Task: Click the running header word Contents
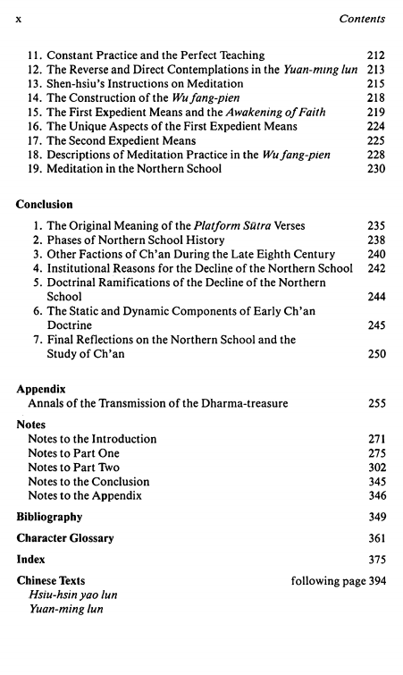[x=360, y=17]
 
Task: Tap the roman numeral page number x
[x=19, y=18]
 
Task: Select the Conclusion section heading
[x=45, y=205]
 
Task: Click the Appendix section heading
[x=42, y=390]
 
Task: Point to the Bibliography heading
[x=49, y=517]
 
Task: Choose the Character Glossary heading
[x=65, y=538]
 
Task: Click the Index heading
[x=30, y=560]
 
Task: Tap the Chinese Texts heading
[x=51, y=581]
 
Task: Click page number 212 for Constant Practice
[x=375, y=55]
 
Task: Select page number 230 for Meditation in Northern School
[x=375, y=170]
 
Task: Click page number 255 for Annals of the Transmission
[x=375, y=404]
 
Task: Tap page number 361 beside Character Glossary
[x=375, y=538]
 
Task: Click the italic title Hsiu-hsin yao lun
[x=72, y=595]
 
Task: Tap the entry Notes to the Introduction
[x=92, y=439]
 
